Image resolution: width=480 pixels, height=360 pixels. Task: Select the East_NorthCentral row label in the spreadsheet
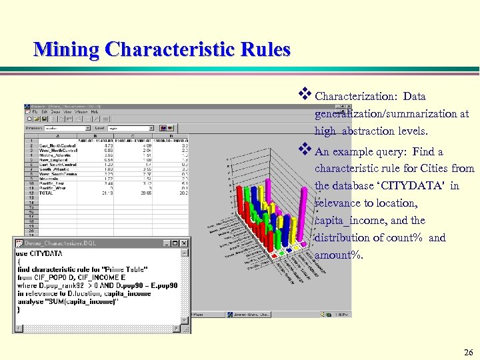click(57, 145)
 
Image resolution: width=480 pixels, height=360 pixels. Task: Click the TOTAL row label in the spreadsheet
click(46, 193)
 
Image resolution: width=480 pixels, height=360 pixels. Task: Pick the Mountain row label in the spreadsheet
click(49, 179)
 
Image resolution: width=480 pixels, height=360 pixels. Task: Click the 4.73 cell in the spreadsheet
click(100, 145)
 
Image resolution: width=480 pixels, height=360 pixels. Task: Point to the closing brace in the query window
click(19, 309)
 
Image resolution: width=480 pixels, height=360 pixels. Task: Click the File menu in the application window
click(36, 111)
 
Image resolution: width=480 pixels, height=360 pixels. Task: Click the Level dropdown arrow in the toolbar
click(152, 127)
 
